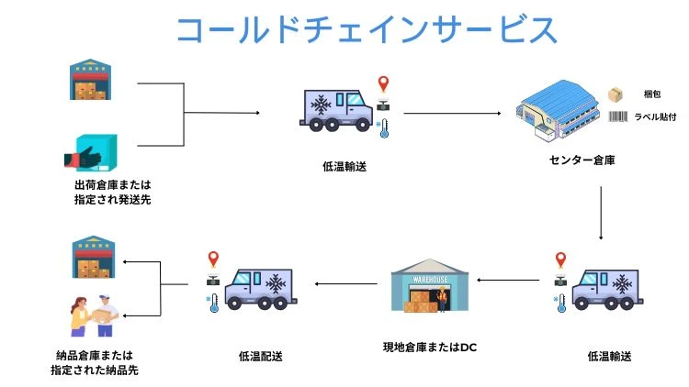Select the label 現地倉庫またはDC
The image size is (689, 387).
430,348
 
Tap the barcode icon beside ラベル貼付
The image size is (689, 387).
618,116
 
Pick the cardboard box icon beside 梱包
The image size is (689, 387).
616,94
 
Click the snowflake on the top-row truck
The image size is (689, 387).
322,106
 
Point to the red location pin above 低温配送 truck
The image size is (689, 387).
214,260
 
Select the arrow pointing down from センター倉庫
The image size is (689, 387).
599,214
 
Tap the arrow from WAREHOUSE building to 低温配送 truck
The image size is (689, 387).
348,284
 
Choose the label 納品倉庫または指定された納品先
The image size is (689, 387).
91,362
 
